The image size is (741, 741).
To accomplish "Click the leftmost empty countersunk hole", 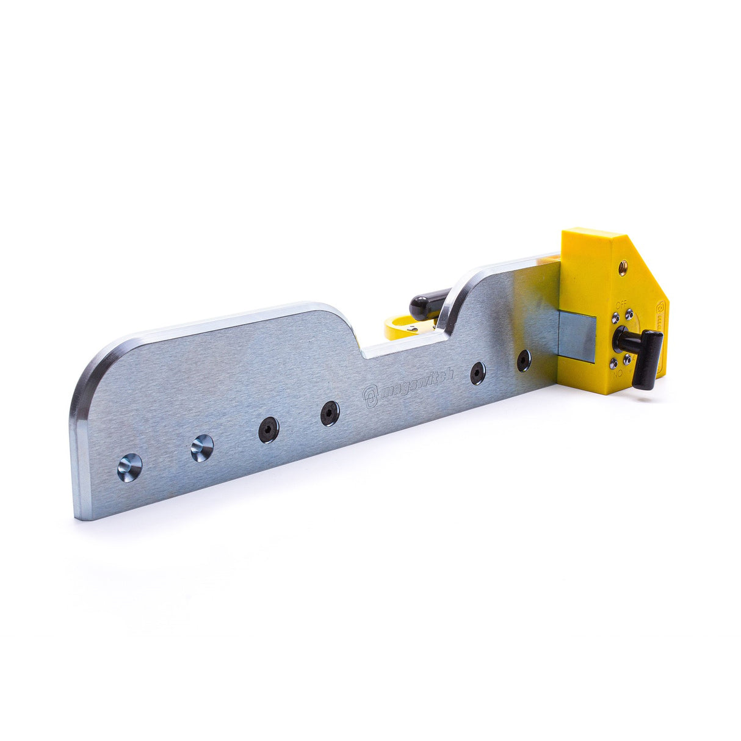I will (129, 468).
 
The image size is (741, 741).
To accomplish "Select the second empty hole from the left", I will (202, 449).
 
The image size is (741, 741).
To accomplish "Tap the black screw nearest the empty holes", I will (269, 430).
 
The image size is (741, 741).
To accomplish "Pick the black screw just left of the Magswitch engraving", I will (330, 414).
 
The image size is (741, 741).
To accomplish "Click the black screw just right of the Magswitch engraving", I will (478, 373).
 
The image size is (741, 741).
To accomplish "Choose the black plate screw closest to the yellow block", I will (524, 361).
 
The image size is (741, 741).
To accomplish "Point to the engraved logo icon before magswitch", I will (371, 396).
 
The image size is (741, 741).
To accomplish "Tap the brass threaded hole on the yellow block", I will (623, 267).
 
